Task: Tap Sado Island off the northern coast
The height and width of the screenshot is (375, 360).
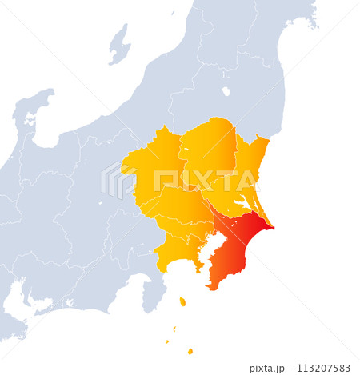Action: point(119,45)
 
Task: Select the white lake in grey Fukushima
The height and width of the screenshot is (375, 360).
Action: point(226,91)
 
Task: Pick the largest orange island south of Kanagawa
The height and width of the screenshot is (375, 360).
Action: point(182,301)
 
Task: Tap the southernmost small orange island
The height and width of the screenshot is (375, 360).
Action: point(190,351)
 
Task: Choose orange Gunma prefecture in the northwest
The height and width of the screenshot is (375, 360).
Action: point(152,168)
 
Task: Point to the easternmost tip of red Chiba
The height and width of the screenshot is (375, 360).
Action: point(273,228)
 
